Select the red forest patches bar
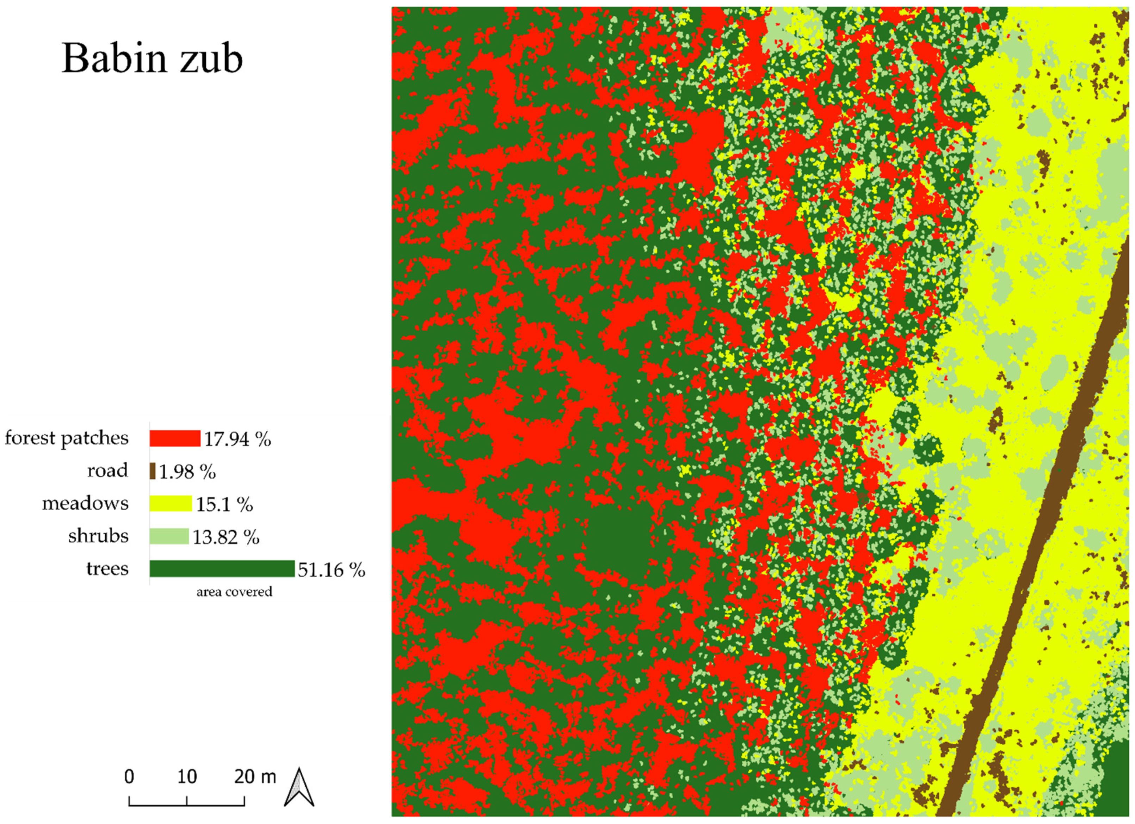tap(175, 438)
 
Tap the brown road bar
tap(153, 471)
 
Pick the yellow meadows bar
tap(171, 504)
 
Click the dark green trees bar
tap(222, 569)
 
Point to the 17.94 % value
tap(237, 439)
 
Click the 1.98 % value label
tap(187, 472)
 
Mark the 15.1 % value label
tap(224, 505)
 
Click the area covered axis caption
tap(234, 592)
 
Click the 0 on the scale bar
tap(129, 776)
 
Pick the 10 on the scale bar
tap(187, 776)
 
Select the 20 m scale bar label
tap(255, 776)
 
